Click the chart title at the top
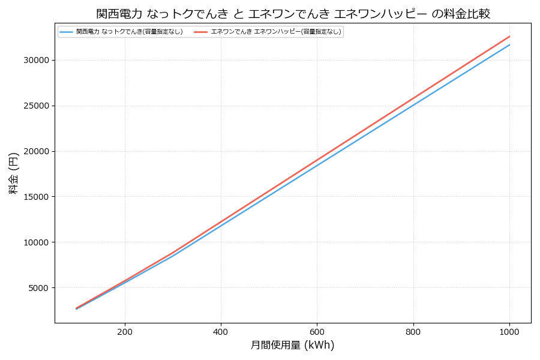pyautogui.click(x=293, y=14)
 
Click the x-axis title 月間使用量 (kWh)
pyautogui.click(x=292, y=345)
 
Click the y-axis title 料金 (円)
pyautogui.click(x=13, y=173)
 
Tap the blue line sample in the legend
pyautogui.click(x=66, y=32)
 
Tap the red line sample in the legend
pyautogui.click(x=200, y=32)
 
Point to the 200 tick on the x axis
pyautogui.click(x=125, y=331)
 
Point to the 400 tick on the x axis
pyautogui.click(x=221, y=331)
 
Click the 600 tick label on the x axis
pyautogui.click(x=317, y=331)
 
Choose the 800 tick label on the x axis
pyautogui.click(x=413, y=331)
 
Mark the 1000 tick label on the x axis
pyautogui.click(x=509, y=331)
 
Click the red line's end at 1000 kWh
pyautogui.click(x=509, y=36)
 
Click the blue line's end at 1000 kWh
pyautogui.click(x=509, y=44)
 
